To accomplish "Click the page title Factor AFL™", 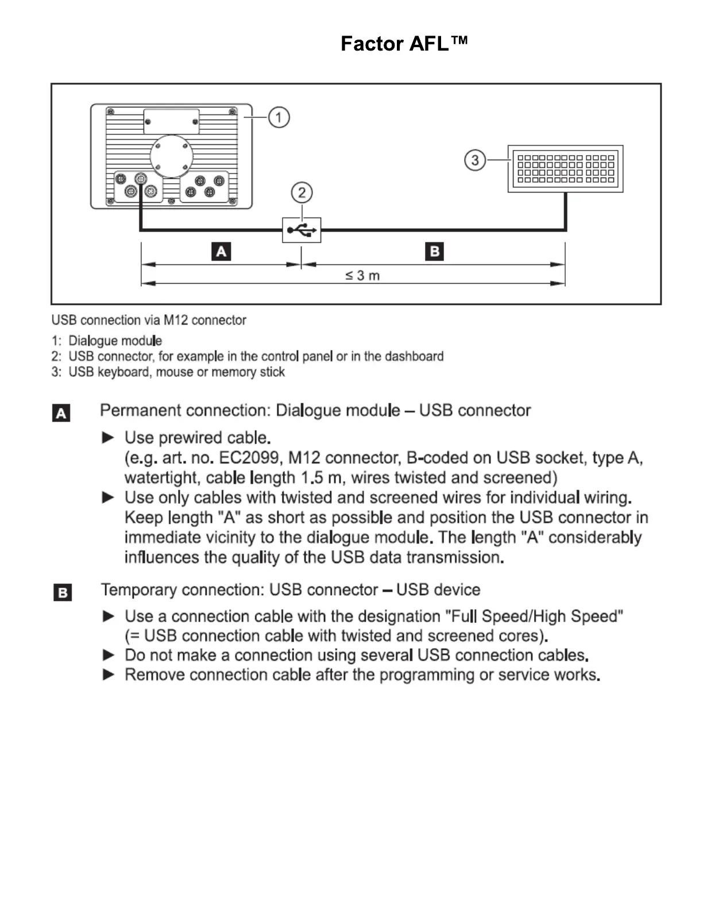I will pos(404,44).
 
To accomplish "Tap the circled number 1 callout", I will pos(279,118).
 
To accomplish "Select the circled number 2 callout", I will pos(302,192).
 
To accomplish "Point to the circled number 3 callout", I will pos(475,160).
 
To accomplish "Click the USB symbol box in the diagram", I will pos(302,230).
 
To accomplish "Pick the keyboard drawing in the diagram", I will pos(566,168).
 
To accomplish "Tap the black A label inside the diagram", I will pos(221,252).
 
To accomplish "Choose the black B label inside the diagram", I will pos(434,252).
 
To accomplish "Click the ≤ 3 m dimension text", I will pos(362,276).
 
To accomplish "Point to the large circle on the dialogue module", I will pos(171,156).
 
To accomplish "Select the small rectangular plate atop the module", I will pos(171,122).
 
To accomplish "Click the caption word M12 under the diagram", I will pos(176,320).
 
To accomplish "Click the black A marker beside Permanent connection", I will pos(61,413).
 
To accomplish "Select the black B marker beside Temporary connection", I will pos(63,592).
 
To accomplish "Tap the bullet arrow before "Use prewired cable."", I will pos(108,438).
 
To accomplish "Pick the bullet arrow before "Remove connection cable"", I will pos(108,674).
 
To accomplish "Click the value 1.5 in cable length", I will pos(311,478).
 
